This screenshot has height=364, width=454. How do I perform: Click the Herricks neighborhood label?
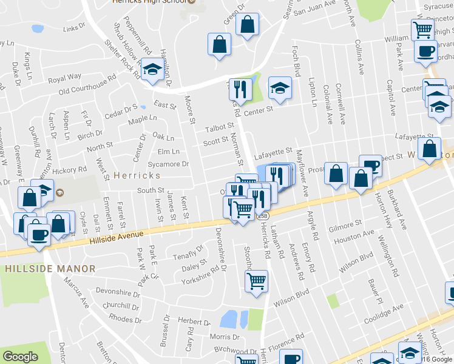tap(137, 175)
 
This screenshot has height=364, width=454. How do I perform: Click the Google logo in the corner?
tap(20, 357)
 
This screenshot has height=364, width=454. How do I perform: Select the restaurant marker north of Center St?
tap(240, 89)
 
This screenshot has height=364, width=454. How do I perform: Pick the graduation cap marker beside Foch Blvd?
tap(280, 89)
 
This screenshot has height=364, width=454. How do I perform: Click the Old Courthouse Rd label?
tap(87, 84)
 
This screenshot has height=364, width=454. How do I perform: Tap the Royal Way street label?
tap(65, 78)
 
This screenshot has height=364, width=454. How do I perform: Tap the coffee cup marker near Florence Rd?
tap(291, 357)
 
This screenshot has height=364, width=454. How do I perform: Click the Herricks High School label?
tap(150, 2)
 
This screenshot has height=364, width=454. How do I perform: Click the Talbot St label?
tap(219, 128)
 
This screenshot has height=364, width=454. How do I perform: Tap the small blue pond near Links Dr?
tap(37, 28)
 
